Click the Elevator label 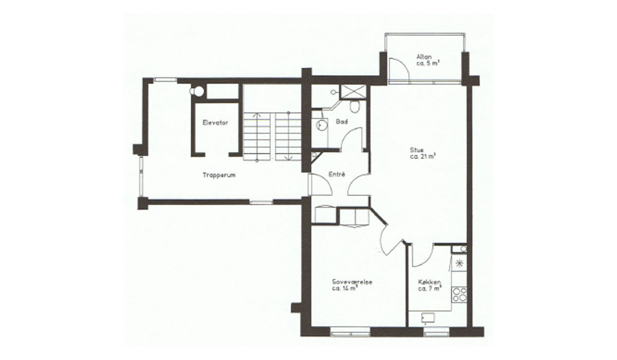[215, 122]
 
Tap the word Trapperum [219, 175]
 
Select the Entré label [337, 174]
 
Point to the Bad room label [341, 121]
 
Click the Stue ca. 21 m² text [422, 153]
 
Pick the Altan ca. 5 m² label [427, 60]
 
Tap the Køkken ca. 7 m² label [430, 285]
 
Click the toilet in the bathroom [354, 106]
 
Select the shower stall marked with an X [353, 92]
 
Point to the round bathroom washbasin [322, 125]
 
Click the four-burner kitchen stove [459, 294]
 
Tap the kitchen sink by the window [428, 317]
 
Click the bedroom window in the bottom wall [350, 332]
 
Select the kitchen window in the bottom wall [436, 332]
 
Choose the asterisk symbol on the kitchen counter [459, 264]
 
